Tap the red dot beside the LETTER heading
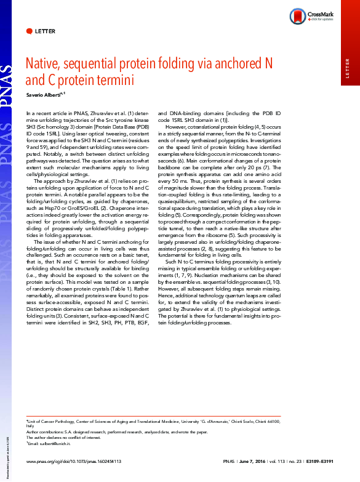coord(30,30)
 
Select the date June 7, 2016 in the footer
coord(254,460)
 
